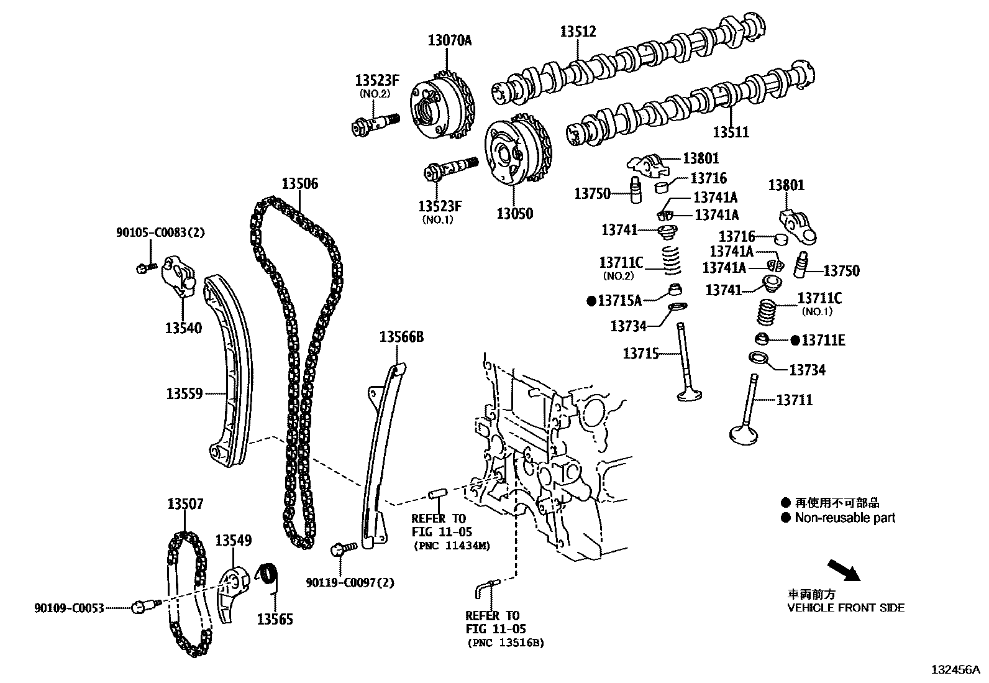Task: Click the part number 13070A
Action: pos(449,41)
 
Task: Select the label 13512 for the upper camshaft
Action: pos(578,32)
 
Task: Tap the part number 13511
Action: pos(731,132)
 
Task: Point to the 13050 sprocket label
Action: pos(514,214)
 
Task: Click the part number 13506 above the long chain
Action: pos(299,183)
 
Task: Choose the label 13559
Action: pos(185,393)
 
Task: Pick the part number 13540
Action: pos(183,328)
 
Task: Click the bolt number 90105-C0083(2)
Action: pos(160,233)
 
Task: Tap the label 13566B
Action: pos(401,337)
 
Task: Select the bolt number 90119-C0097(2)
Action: pos(350,582)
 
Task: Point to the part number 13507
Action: pos(185,504)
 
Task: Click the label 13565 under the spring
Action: pos(275,620)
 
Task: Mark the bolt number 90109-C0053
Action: pos(69,607)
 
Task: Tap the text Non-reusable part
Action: pos(845,518)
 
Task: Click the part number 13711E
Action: pos(823,341)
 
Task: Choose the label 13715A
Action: pos(619,301)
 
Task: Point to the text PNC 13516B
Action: pos(506,643)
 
